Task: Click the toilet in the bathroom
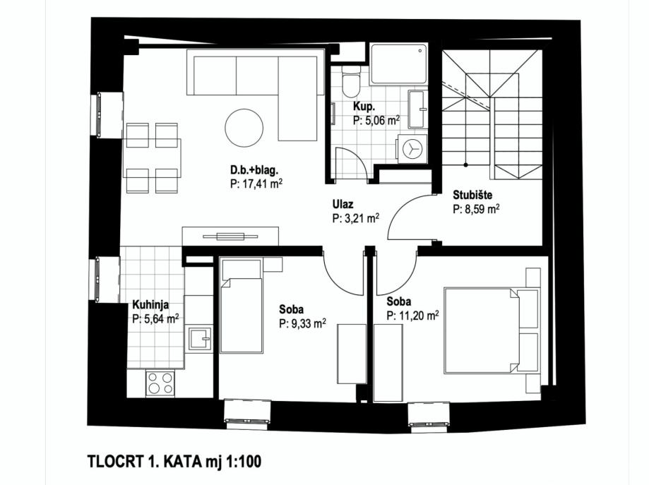[x=350, y=82]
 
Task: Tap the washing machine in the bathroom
[x=413, y=148]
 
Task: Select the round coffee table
[x=244, y=127]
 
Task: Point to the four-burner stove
[x=160, y=383]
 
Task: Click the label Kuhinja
[x=150, y=305]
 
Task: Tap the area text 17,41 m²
[x=251, y=182]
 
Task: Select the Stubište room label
[x=472, y=196]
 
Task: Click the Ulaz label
[x=343, y=205]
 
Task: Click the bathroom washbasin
[x=417, y=109]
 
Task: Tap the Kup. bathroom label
[x=364, y=107]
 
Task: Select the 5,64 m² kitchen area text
[x=155, y=318]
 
